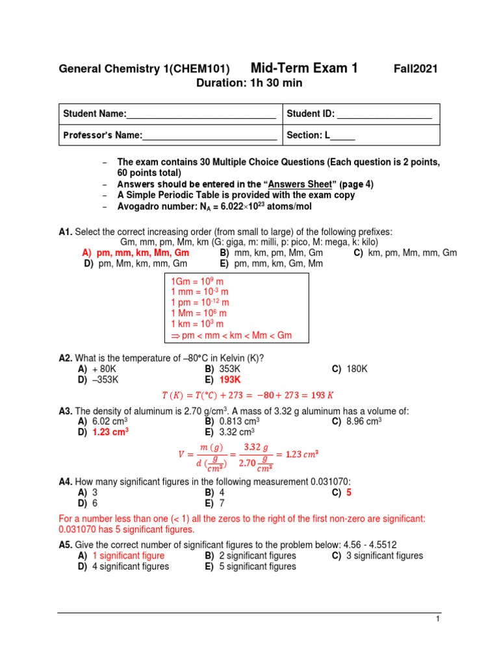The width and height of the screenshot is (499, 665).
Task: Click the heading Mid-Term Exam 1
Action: coord(304,68)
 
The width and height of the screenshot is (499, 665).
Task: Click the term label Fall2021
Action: coord(416,69)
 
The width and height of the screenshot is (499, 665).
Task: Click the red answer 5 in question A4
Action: coord(349,492)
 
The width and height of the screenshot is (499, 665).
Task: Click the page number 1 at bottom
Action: coord(439,620)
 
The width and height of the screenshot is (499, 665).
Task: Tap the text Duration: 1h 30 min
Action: coord(249,83)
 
